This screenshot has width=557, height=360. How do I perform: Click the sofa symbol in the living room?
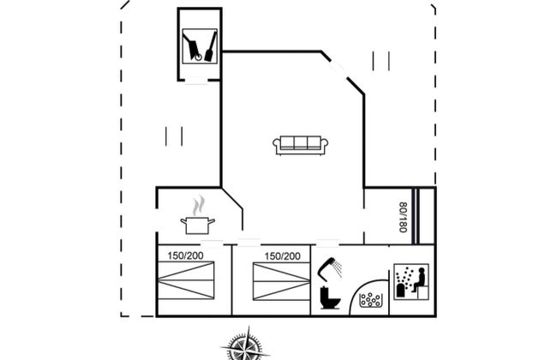coord(300,145)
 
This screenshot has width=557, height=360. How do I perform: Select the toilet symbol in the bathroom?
coord(330,297)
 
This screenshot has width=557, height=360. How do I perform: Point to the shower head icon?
coord(329,268)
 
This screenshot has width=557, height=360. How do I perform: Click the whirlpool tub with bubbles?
coord(370,300)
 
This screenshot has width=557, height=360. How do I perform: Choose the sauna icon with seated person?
coord(411,282)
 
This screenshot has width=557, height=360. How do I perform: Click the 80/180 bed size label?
coord(403,217)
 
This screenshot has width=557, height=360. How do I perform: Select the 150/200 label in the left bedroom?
coord(185,255)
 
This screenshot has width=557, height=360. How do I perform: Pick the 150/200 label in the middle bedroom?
coord(283,256)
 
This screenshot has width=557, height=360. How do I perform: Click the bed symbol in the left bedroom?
coord(186,280)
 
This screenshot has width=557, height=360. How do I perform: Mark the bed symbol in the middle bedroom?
coord(282,281)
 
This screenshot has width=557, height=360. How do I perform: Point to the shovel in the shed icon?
coord(211,46)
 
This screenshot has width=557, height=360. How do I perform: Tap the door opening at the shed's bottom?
coord(196,81)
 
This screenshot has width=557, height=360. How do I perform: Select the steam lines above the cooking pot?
coord(199,205)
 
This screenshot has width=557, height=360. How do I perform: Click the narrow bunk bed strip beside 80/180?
coord(416,216)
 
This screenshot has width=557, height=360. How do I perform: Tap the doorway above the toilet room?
coord(327,244)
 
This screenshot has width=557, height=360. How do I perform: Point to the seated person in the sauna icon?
coord(419,280)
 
